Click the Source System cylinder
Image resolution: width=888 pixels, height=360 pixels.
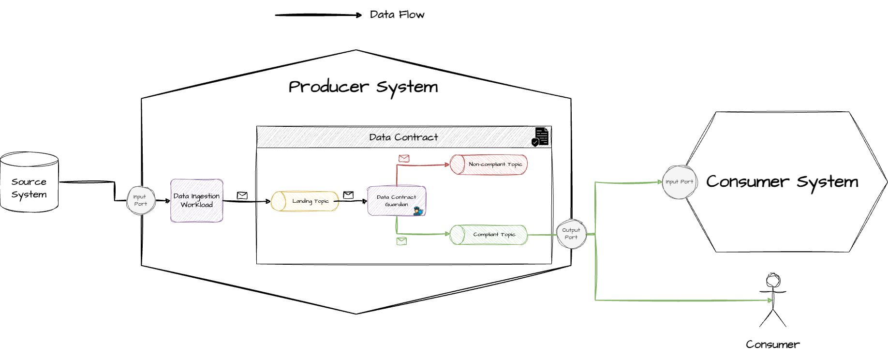pos(29,184)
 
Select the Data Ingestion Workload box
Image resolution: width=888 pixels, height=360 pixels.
pos(196,200)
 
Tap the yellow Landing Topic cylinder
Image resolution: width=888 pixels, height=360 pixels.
pos(305,201)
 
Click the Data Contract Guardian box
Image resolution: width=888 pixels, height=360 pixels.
pos(396,200)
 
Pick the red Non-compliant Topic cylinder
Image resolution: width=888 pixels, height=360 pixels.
pos(488,165)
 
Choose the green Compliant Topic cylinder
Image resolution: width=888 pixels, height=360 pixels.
pos(488,235)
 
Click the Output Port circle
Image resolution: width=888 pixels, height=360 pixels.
pos(571,234)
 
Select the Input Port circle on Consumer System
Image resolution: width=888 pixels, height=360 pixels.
pos(679,182)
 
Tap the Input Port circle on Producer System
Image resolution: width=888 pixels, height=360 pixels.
pos(140,200)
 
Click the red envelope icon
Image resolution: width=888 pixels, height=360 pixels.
pos(404,158)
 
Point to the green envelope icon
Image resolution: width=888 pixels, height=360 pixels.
pos(401,241)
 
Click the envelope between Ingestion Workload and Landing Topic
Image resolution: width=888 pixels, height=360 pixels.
pos(242,195)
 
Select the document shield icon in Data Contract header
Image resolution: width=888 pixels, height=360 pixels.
pos(540,137)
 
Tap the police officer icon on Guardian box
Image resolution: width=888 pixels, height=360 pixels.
pos(418,211)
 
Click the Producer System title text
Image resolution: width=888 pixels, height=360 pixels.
pos(363,87)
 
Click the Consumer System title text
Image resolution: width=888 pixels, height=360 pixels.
pos(782,182)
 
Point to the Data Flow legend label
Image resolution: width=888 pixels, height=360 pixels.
pos(397,15)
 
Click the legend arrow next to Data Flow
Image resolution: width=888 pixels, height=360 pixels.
pos(318,15)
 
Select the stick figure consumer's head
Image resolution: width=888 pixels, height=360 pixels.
pos(773,281)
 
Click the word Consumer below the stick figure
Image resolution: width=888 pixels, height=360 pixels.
pos(772,345)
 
